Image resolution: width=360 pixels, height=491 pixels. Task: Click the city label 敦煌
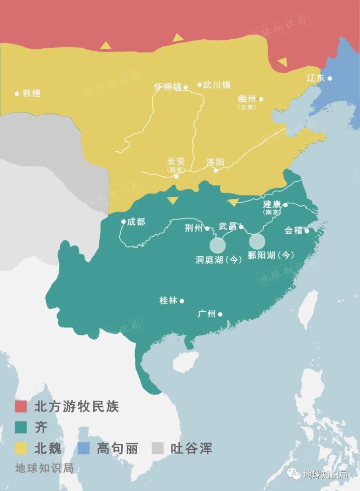[31, 93]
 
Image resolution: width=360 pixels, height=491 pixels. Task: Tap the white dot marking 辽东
[330, 78]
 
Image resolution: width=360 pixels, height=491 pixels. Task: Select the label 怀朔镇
[167, 87]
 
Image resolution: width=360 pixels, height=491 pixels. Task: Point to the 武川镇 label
[217, 84]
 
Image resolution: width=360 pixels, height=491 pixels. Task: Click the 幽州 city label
[247, 99]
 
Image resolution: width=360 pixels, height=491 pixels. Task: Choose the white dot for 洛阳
[216, 170]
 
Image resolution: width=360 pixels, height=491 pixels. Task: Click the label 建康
[272, 204]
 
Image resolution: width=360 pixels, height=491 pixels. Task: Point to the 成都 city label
[136, 221]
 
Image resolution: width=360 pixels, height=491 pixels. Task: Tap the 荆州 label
[194, 228]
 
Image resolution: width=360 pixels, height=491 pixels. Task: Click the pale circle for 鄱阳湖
[257, 241]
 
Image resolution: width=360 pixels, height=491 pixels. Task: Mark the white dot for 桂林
[182, 301]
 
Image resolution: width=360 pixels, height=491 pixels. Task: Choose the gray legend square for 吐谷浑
[158, 448]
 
